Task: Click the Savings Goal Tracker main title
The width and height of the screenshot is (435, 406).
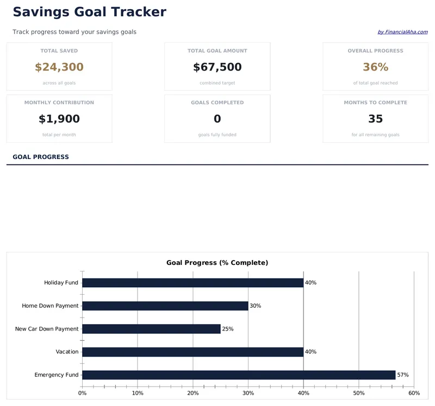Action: [x=89, y=12]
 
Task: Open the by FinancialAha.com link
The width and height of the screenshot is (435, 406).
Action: [x=402, y=32]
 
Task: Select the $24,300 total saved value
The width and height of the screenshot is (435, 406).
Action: [x=59, y=67]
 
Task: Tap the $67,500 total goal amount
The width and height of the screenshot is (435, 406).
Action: [x=217, y=67]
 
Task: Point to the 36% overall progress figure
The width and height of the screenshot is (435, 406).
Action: [x=375, y=67]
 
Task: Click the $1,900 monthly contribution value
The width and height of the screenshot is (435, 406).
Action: [x=59, y=119]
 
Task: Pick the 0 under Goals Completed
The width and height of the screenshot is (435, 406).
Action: [x=217, y=119]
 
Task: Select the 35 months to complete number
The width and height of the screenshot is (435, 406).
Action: [x=375, y=119]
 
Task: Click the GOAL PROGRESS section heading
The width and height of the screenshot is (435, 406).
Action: [x=41, y=157]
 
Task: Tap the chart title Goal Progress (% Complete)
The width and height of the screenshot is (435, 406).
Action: [x=217, y=263]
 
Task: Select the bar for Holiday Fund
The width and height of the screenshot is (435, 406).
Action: [x=192, y=283]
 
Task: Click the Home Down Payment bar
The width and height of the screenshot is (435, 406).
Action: [x=165, y=306]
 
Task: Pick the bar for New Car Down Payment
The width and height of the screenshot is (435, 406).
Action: [x=151, y=329]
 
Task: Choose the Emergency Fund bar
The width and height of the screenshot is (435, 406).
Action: [x=239, y=375]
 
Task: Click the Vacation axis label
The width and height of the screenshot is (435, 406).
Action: [x=67, y=352]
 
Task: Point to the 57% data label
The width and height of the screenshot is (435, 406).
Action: [x=402, y=375]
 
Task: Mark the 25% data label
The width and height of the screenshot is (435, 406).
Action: [x=227, y=329]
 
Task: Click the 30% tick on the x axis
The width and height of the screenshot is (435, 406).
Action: [x=248, y=393]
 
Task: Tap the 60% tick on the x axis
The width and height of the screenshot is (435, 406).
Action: [x=414, y=393]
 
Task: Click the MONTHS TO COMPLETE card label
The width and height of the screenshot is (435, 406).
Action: [x=375, y=103]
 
